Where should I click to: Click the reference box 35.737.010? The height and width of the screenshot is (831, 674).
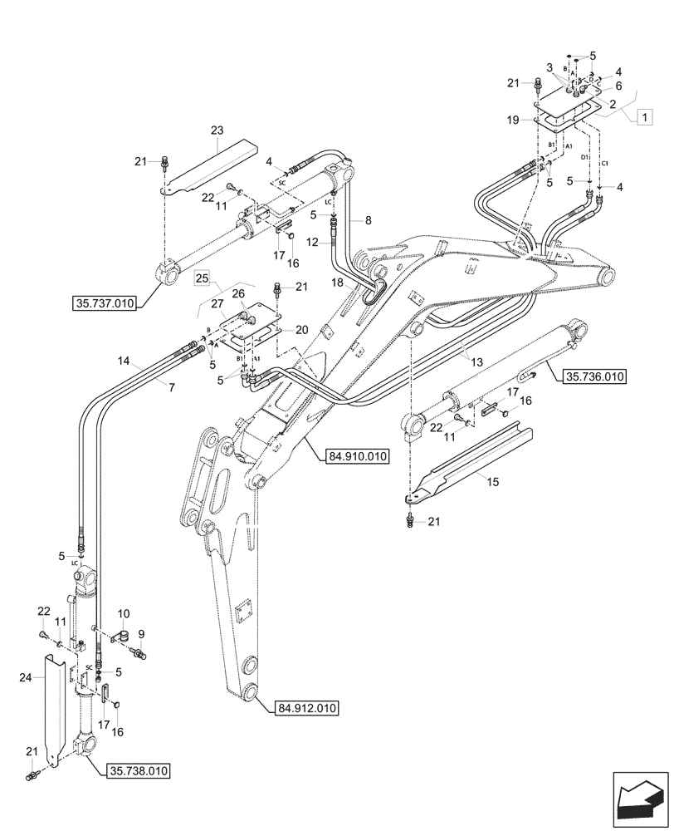coord(102,303)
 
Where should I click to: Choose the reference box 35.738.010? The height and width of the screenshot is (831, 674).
coord(139,772)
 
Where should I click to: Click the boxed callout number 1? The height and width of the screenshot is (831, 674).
coord(642,118)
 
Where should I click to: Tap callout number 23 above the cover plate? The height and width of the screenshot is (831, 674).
coord(217,130)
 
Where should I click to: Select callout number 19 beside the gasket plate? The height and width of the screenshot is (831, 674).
coord(514,120)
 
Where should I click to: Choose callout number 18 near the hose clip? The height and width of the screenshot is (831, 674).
coord(338,283)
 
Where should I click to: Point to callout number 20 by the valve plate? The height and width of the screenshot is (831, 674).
coord(302,330)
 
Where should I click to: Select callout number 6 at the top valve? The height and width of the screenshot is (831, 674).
coord(618,84)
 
